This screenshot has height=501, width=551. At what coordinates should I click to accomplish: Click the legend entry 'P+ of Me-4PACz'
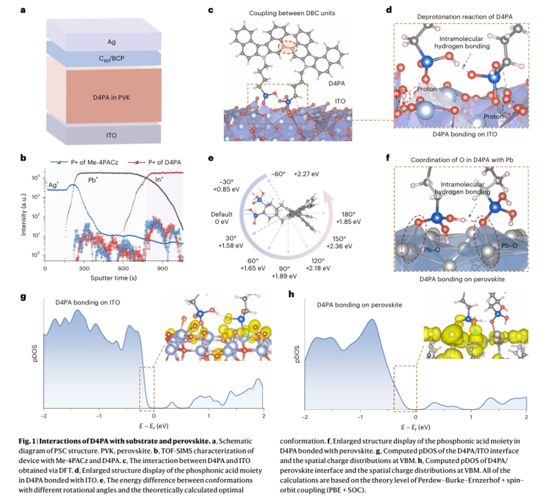[84, 162]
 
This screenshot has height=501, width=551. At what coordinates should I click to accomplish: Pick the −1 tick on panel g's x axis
[98, 416]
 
